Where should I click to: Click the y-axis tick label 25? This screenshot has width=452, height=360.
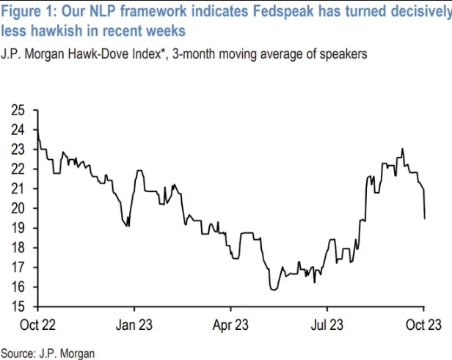point(18,110)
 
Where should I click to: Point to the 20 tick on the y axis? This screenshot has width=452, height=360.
point(18,208)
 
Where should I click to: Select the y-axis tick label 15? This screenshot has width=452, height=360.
point(18,306)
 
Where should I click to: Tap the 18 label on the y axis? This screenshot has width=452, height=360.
point(18,248)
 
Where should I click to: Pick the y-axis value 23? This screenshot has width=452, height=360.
point(18,150)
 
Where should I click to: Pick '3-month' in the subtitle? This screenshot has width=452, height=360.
point(201,54)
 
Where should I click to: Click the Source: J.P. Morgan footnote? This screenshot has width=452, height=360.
point(48,353)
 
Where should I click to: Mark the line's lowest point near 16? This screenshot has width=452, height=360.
point(274,290)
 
